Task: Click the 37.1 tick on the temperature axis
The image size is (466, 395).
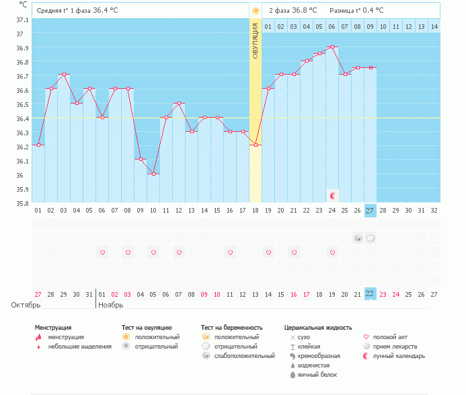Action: pyautogui.click(x=23, y=20)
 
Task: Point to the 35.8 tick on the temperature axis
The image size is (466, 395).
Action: pyautogui.click(x=23, y=203)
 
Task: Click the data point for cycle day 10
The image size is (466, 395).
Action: pyautogui.click(x=153, y=174)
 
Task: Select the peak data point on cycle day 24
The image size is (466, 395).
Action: pyautogui.click(x=332, y=47)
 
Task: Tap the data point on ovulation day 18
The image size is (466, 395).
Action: pyautogui.click(x=256, y=145)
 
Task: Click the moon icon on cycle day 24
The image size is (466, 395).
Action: pyautogui.click(x=332, y=195)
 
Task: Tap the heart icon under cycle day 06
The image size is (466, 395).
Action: pyautogui.click(x=102, y=252)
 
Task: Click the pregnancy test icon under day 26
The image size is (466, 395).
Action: pyautogui.click(x=358, y=238)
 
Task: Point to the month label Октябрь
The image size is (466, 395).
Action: pyautogui.click(x=26, y=305)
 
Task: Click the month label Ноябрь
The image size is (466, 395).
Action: pyautogui.click(x=111, y=305)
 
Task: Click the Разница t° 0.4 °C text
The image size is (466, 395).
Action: pyautogui.click(x=356, y=11)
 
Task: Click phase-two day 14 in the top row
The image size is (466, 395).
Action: pyautogui.click(x=434, y=26)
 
